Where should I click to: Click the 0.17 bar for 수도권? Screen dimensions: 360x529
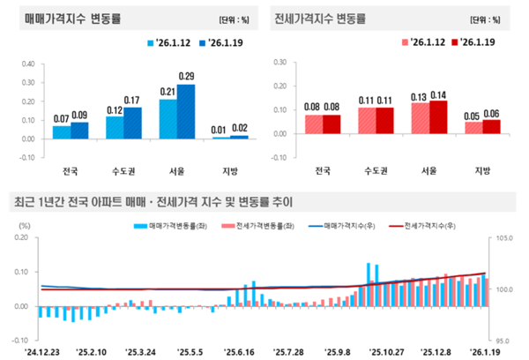132,123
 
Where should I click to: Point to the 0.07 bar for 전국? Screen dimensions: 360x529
61,132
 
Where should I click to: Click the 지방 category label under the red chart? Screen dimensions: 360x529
481,170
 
